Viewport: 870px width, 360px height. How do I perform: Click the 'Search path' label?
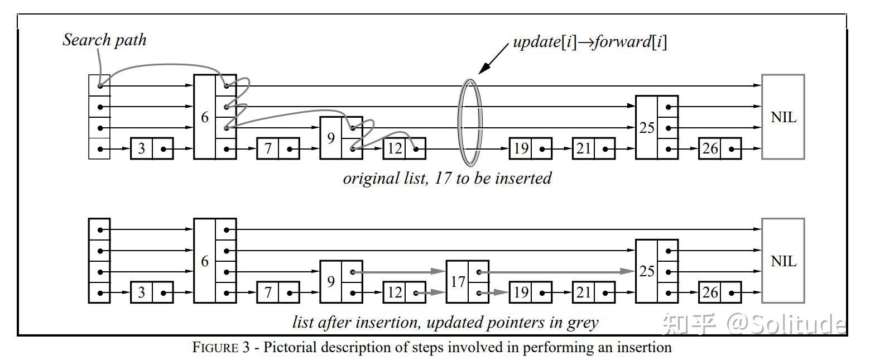pos(104,40)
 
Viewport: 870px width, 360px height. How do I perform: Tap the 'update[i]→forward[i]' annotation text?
pos(590,42)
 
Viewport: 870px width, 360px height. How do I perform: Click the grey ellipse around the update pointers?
pos(460,123)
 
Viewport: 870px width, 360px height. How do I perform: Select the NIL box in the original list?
pos(783,117)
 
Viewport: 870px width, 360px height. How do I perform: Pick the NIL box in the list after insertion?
pos(783,261)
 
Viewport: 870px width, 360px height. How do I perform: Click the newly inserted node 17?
pos(468,281)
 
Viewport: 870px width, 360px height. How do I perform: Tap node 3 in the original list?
pos(152,148)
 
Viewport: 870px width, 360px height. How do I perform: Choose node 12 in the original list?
pos(405,148)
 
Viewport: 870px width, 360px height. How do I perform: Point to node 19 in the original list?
pos(531,148)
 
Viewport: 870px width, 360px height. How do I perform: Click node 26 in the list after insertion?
pos(720,292)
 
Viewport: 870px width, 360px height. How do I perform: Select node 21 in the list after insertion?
pos(594,292)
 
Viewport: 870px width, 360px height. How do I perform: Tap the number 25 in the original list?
pos(647,128)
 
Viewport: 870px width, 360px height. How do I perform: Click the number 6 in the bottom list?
pos(205,261)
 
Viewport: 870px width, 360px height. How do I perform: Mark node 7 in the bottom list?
pos(278,292)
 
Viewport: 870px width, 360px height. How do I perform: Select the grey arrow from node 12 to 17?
pos(430,292)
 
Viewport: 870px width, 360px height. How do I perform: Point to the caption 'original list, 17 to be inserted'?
pos(447,178)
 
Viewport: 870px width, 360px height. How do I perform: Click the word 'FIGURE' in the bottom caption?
pos(215,347)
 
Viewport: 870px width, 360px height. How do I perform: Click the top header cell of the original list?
pos(99,85)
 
